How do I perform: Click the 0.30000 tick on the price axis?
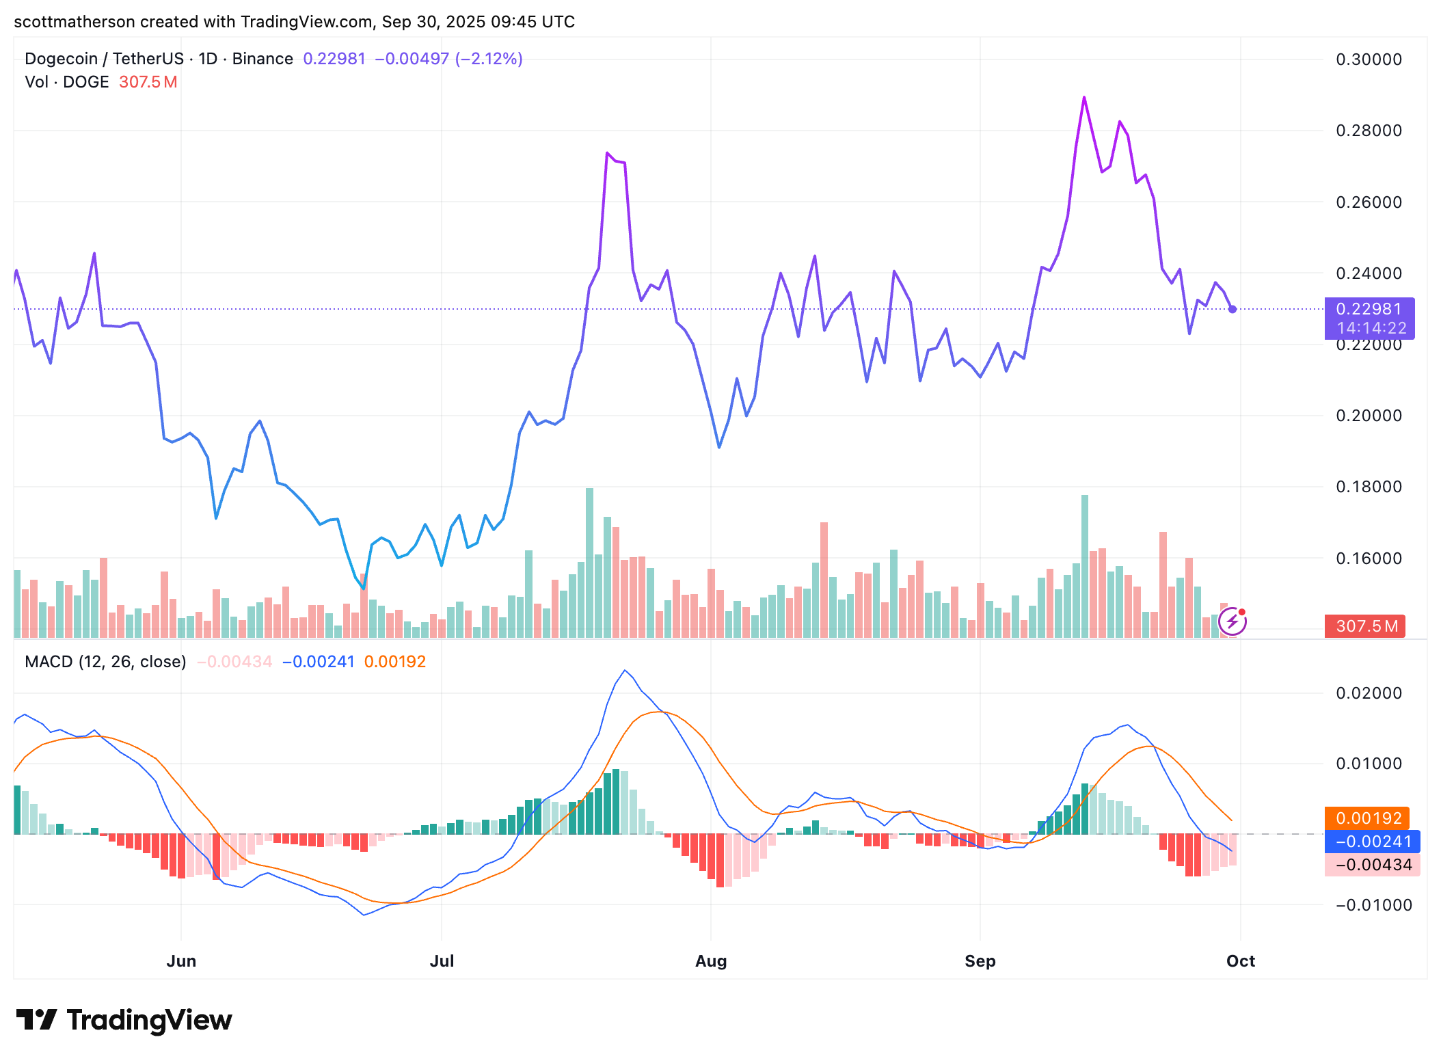click(x=1369, y=59)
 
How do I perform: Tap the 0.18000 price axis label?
click(x=1369, y=487)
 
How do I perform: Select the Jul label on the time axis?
click(x=442, y=961)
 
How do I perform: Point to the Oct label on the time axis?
click(x=1240, y=961)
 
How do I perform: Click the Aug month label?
click(x=710, y=961)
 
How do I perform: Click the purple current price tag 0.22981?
click(x=1369, y=310)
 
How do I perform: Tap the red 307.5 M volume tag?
click(x=1365, y=626)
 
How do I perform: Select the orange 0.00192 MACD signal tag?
click(x=1367, y=818)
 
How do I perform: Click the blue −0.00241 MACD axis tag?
click(x=1372, y=842)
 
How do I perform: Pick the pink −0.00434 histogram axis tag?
click(x=1372, y=865)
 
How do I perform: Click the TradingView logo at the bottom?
click(x=124, y=1020)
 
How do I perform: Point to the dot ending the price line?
click(x=1233, y=309)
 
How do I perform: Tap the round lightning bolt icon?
click(x=1233, y=621)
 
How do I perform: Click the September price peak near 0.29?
click(x=1084, y=98)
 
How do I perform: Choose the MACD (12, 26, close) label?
click(x=105, y=662)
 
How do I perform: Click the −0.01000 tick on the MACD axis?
click(x=1373, y=905)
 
